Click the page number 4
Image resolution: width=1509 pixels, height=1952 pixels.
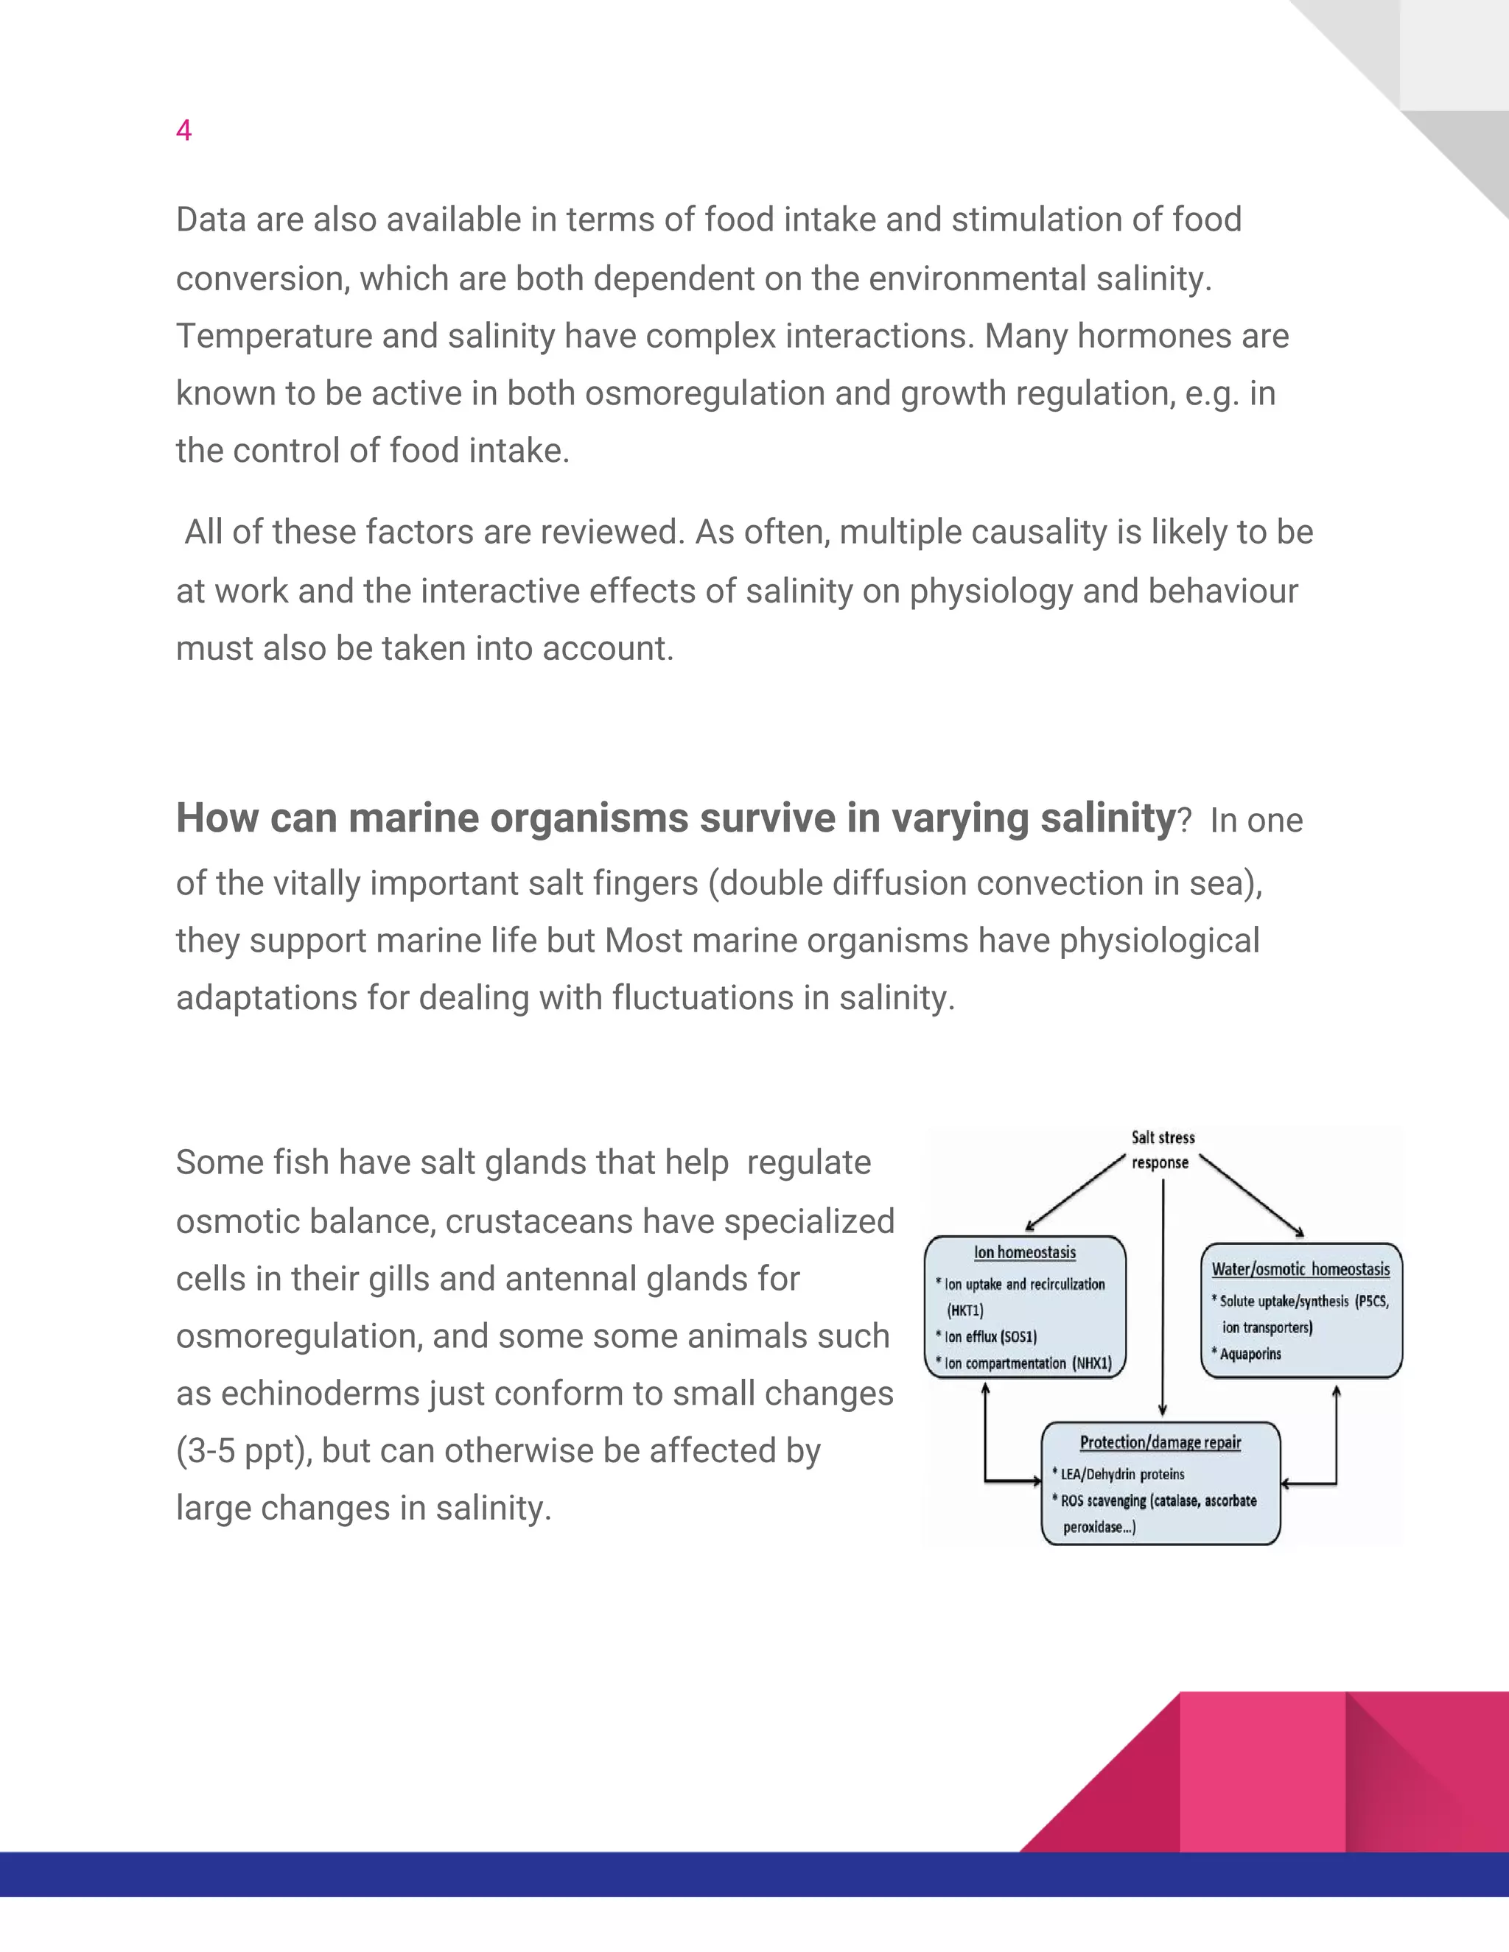(183, 130)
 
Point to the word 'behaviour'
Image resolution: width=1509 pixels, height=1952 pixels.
(1222, 591)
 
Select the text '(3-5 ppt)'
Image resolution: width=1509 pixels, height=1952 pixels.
(244, 1450)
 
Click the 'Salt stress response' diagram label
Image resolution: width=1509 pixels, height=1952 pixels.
(1162, 1149)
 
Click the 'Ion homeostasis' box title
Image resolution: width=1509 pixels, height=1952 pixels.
(1024, 1252)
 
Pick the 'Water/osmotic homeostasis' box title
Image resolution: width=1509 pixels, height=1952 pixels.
(1300, 1269)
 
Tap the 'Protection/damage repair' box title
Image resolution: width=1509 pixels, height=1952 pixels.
(1160, 1442)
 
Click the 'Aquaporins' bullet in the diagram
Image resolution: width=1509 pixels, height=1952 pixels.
(1250, 1354)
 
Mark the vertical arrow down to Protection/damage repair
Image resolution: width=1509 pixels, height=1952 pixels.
(1162, 1296)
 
